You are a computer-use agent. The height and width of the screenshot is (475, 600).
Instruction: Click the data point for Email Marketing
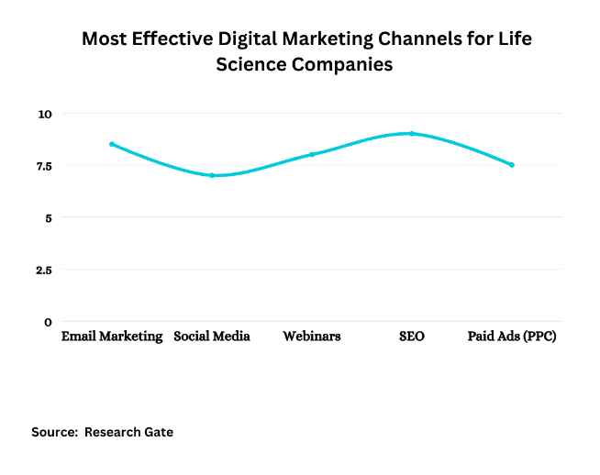[112, 144]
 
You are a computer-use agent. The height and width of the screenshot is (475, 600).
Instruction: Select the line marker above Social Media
[212, 175]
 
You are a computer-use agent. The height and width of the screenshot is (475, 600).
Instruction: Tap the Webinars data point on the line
[312, 154]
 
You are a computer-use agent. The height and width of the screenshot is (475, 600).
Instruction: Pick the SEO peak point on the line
[412, 133]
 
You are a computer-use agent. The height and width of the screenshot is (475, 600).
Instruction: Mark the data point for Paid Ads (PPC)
[512, 165]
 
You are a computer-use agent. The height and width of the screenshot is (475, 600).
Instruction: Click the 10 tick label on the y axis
[46, 114]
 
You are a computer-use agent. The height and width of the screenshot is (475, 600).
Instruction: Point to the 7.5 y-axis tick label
[43, 166]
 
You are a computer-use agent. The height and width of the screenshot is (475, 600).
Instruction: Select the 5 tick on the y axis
[49, 217]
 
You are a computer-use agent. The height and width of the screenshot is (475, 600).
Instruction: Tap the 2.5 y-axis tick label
[43, 270]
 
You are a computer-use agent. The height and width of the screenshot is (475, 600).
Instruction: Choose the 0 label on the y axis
[49, 322]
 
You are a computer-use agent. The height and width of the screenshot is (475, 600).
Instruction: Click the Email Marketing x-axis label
[112, 337]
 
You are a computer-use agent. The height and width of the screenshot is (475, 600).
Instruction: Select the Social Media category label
[212, 337]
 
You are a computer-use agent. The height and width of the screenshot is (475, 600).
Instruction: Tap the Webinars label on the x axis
[312, 337]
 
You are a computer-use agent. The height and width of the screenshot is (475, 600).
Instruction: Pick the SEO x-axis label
[412, 337]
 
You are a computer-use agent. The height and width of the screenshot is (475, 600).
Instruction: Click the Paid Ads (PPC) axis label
[512, 337]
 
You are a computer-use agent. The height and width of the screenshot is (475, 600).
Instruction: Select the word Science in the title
[253, 64]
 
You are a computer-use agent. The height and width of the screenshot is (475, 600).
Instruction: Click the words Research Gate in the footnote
[128, 432]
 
